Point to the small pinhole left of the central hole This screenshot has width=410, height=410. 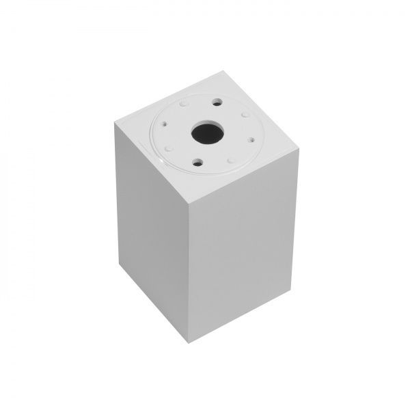tap(165, 124)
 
